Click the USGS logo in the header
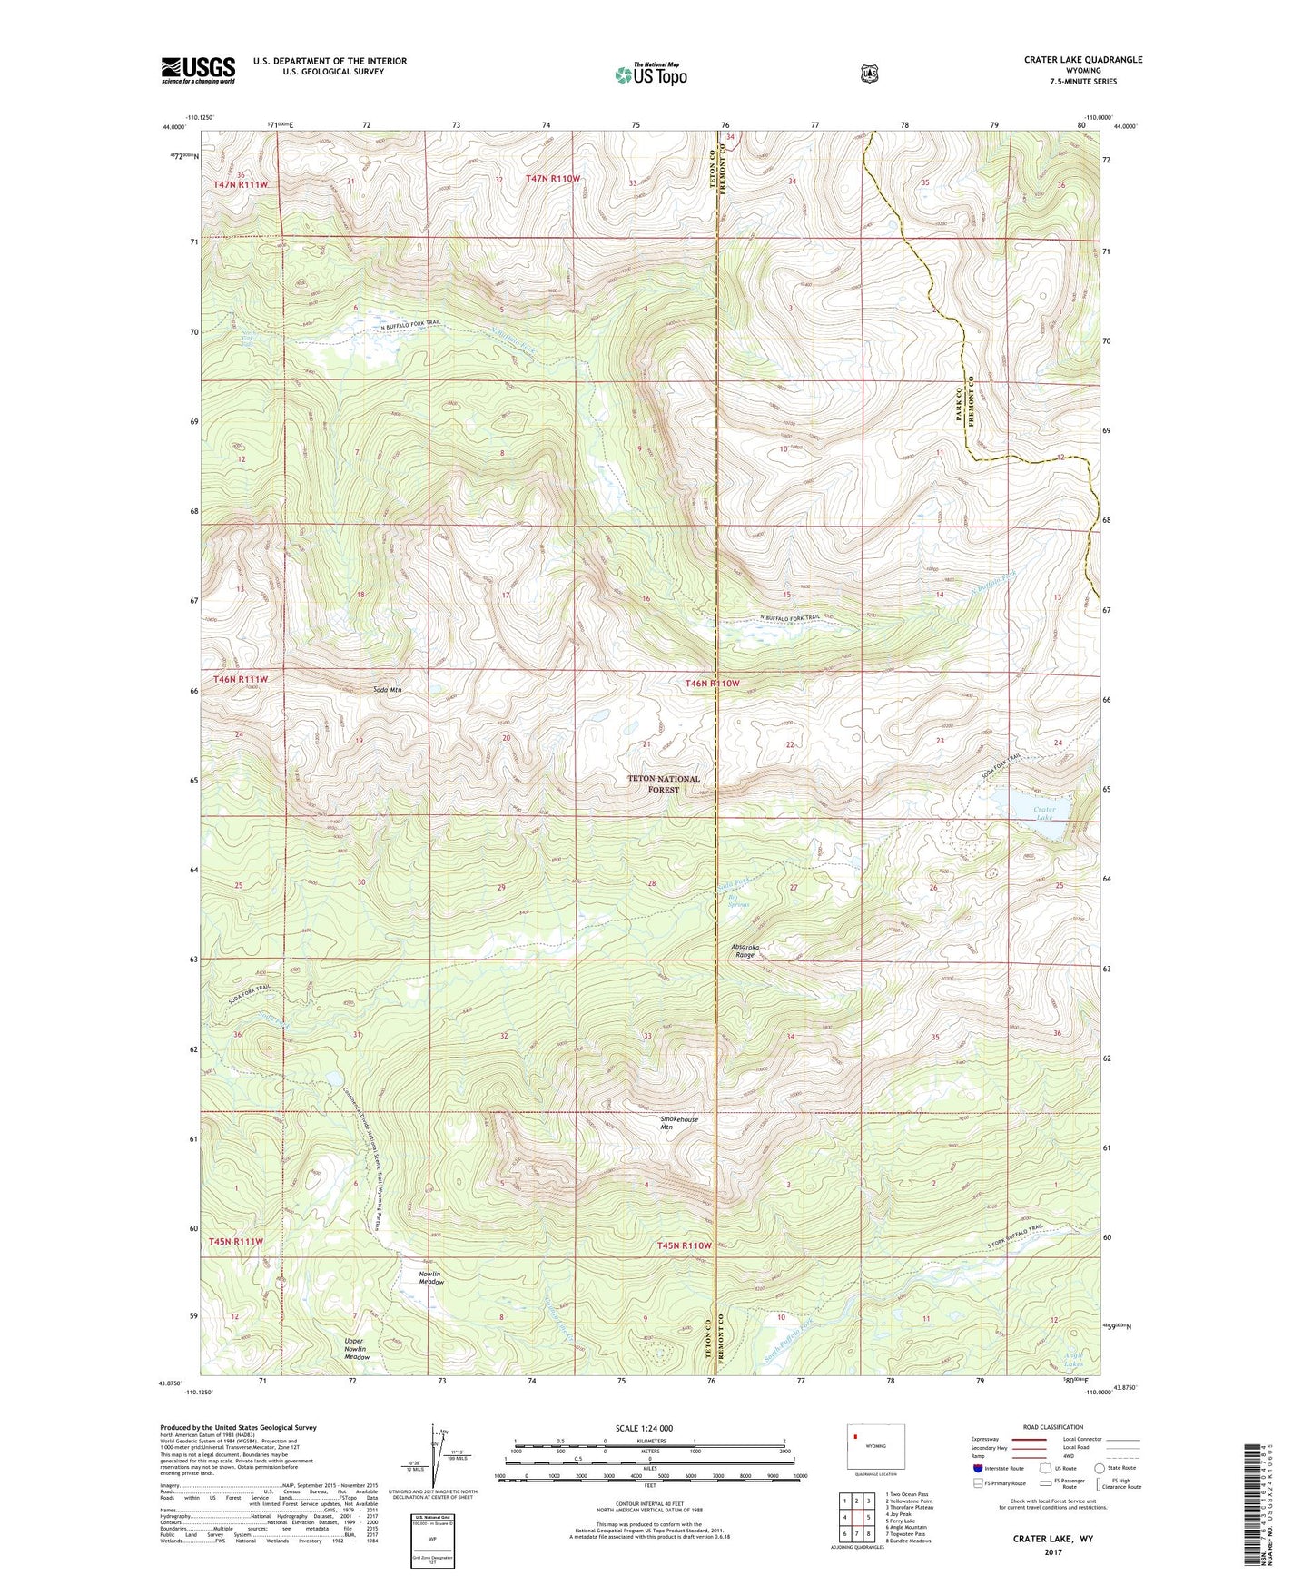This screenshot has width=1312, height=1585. pyautogui.click(x=198, y=70)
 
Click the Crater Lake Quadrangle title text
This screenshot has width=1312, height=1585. pyautogui.click(x=1082, y=60)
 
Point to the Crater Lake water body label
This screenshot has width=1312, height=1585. pyautogui.click(x=1045, y=812)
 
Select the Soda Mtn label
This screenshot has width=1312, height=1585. pyautogui.click(x=388, y=690)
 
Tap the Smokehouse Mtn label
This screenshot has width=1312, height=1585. pyautogui.click(x=678, y=1124)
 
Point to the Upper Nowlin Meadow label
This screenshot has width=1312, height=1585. pyautogui.click(x=357, y=1349)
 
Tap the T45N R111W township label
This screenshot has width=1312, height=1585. pyautogui.click(x=236, y=1241)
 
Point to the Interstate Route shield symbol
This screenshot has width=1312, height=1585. pyautogui.click(x=977, y=1468)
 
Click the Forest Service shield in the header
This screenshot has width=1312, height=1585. pyautogui.click(x=870, y=73)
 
